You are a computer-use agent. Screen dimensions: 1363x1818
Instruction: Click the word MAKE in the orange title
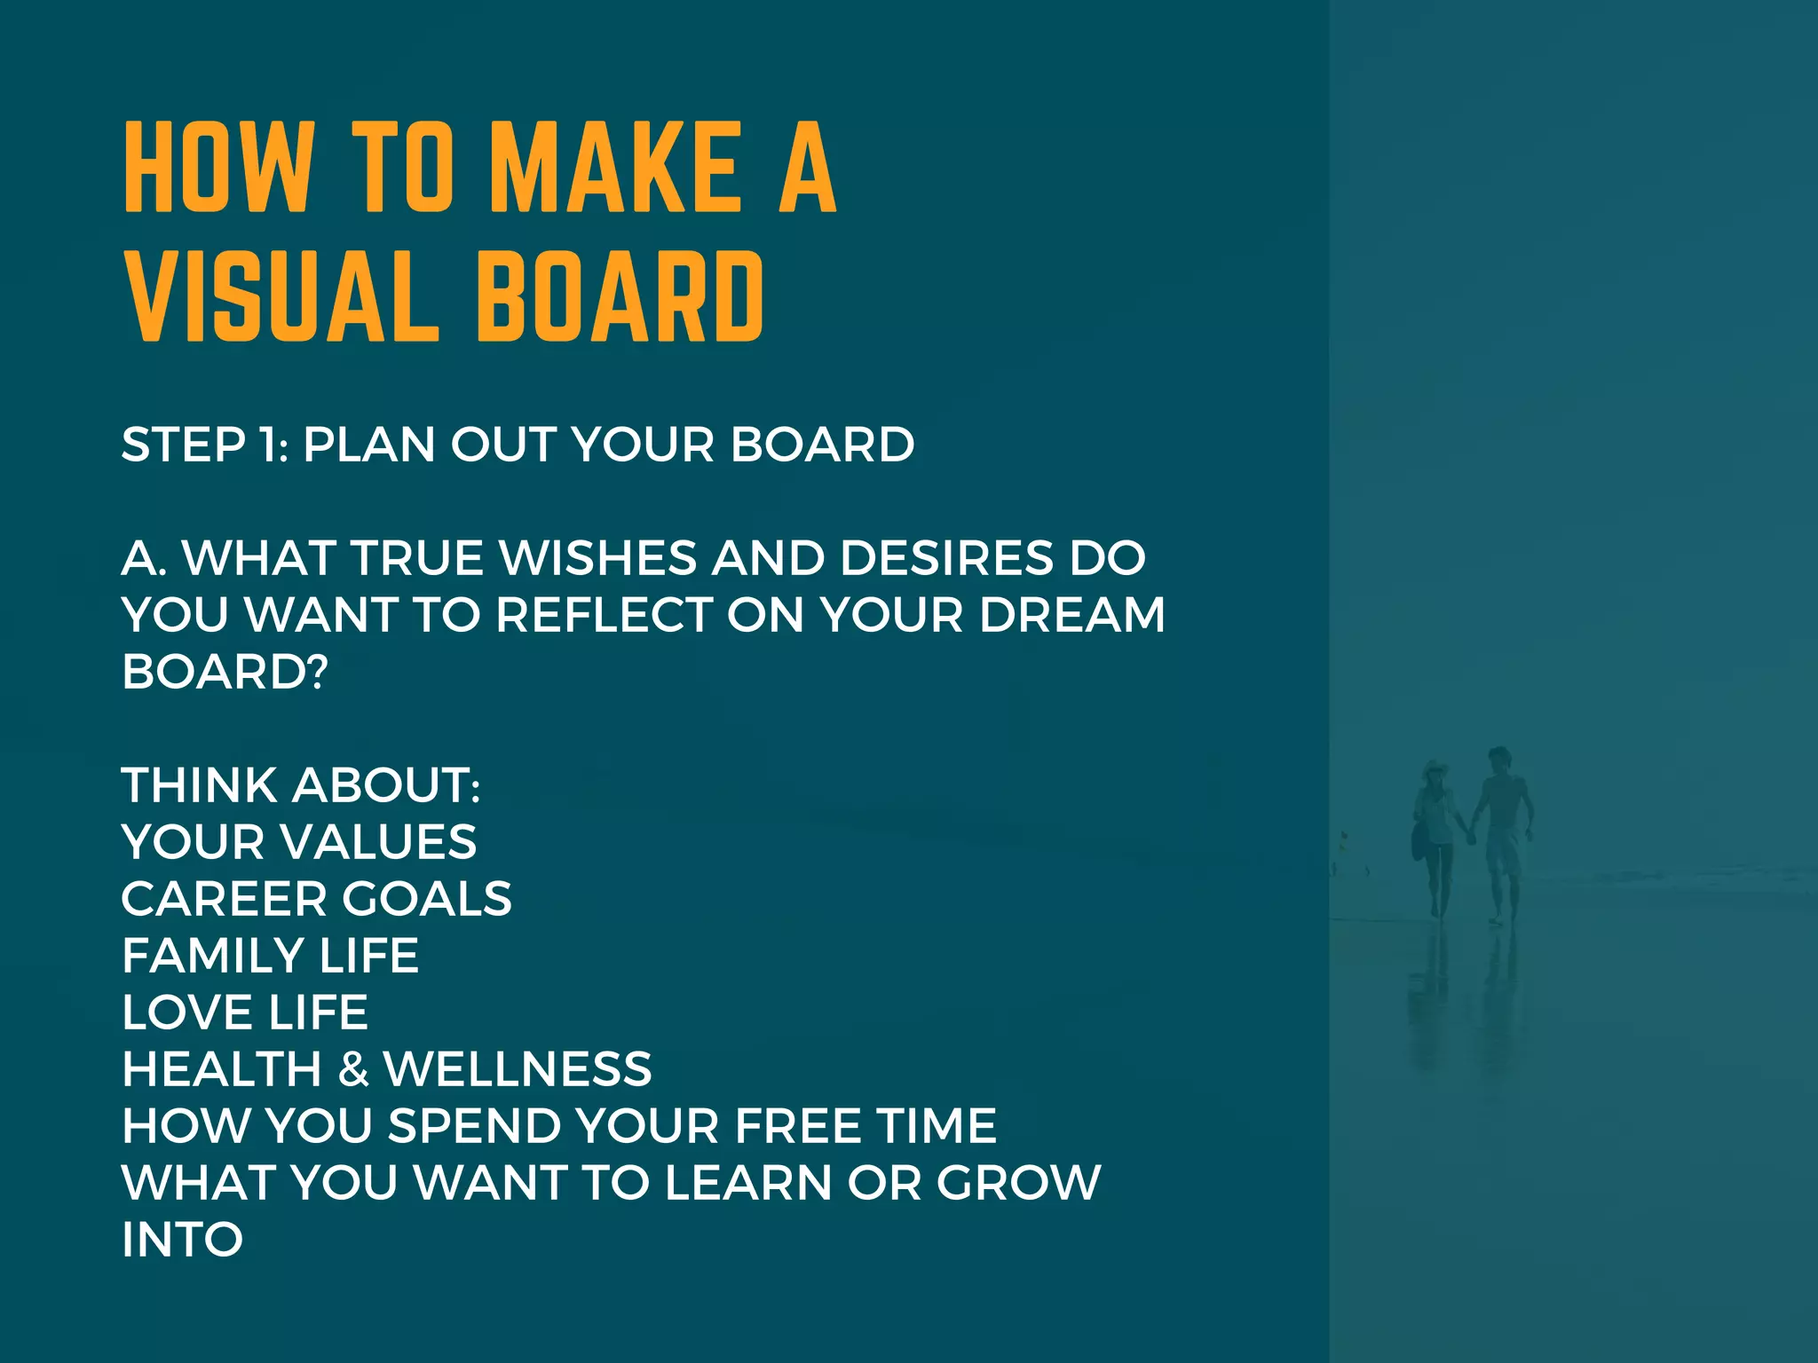click(614, 168)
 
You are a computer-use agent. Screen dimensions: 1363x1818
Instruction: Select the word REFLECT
click(605, 615)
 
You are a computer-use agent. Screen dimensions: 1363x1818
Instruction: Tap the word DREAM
click(1071, 615)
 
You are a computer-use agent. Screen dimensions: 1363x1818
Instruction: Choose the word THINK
click(200, 785)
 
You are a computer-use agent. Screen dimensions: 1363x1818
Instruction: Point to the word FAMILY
click(213, 956)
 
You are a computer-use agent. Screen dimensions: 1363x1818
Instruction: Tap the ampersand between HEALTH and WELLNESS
click(353, 1069)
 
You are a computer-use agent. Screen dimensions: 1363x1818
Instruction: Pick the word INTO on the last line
click(183, 1240)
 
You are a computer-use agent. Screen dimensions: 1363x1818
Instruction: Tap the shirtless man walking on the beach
click(1502, 825)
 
